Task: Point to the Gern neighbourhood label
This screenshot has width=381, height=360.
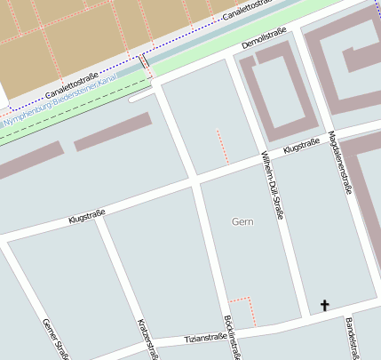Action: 242,221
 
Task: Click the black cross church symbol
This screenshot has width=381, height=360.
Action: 324,306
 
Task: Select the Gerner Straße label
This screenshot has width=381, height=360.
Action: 55,340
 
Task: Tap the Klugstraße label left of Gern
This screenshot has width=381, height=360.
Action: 87,214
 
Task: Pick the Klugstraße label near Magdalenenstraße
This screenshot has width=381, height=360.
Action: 301,147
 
